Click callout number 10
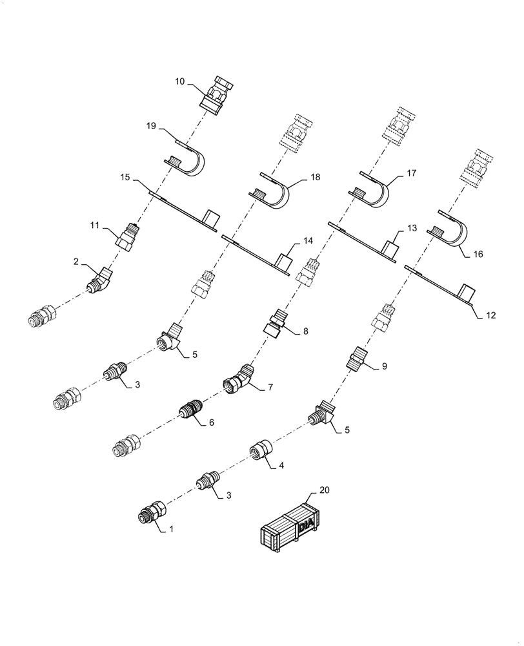pos(180,82)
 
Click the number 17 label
pos(411,173)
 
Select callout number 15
pos(126,176)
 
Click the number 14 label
pos(308,240)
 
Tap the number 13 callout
pos(412,229)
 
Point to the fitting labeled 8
pos(274,323)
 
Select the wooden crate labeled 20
pos(288,529)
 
